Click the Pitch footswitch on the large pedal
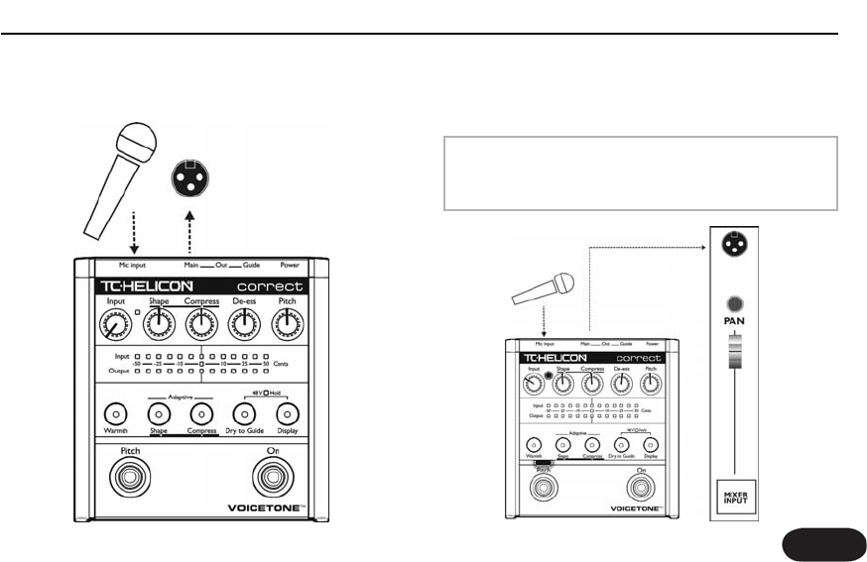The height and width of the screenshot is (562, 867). click(x=130, y=478)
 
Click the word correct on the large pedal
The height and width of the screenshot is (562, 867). click(x=269, y=285)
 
